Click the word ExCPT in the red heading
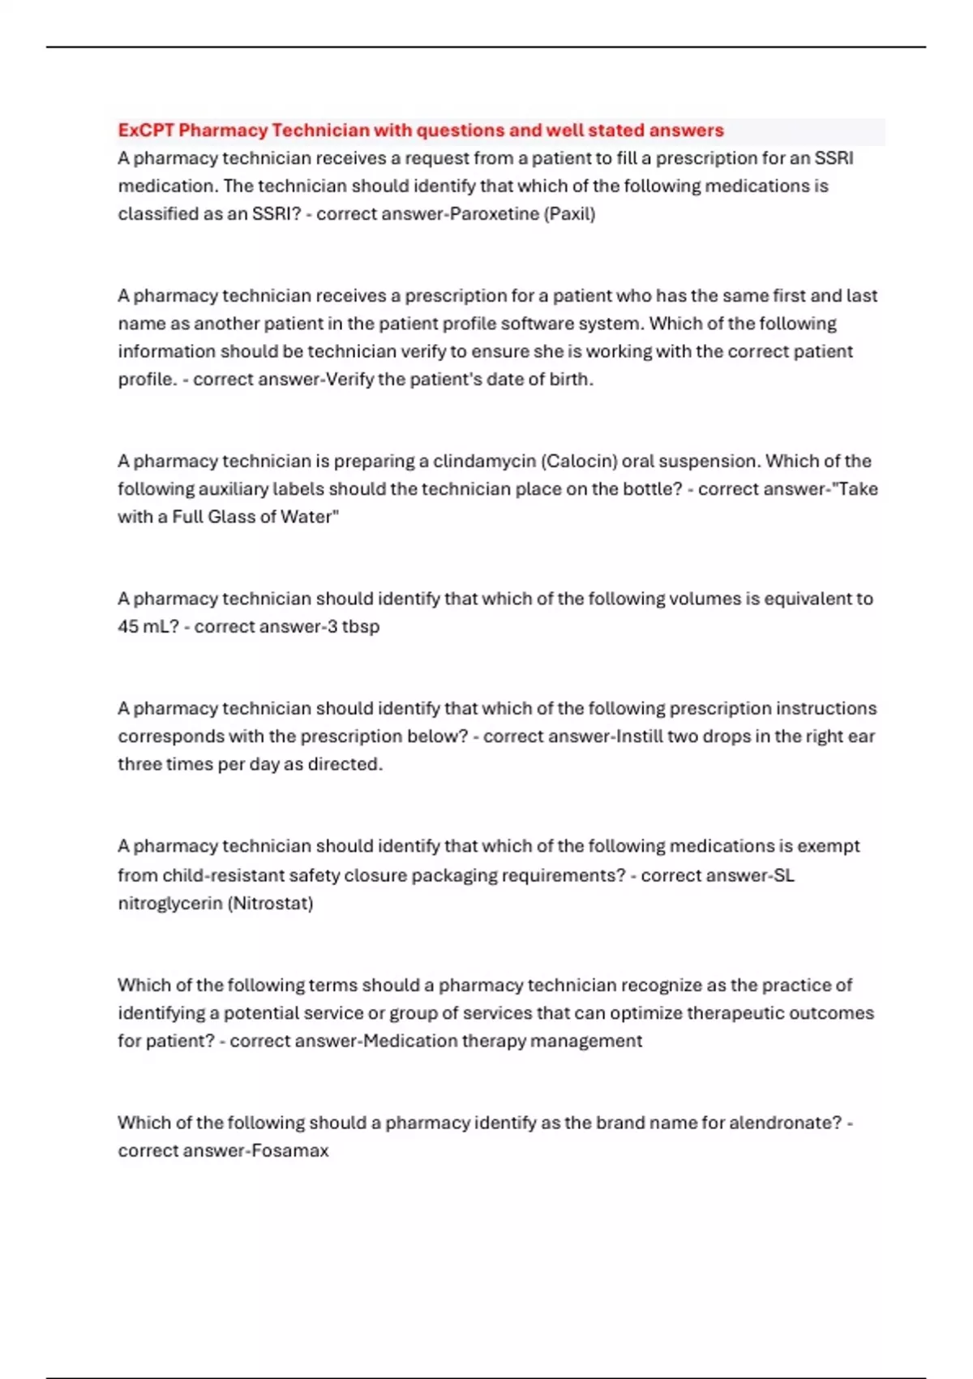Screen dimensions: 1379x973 [x=146, y=131]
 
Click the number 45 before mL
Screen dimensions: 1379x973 [x=128, y=627]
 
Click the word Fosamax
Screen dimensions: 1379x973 [x=289, y=1151]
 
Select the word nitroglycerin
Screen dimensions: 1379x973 [x=169, y=904]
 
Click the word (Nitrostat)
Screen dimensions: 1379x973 [x=271, y=904]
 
